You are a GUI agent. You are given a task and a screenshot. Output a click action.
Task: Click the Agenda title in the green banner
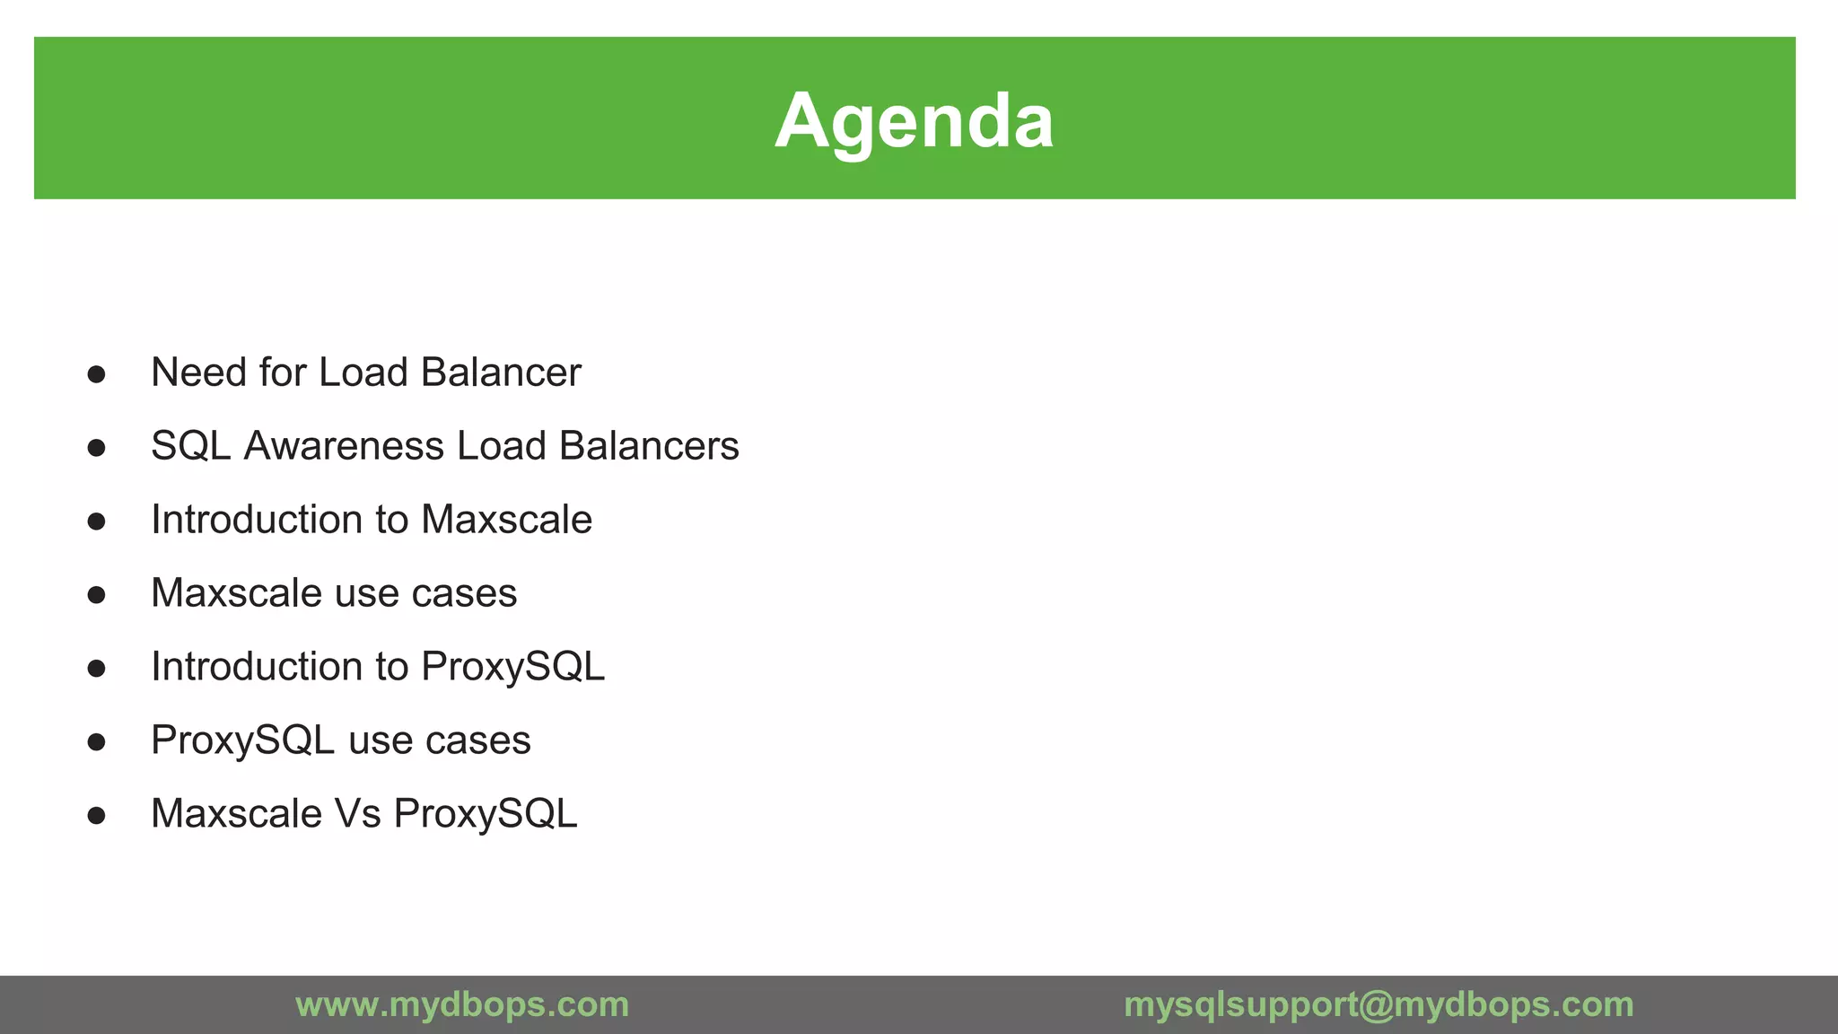click(x=914, y=120)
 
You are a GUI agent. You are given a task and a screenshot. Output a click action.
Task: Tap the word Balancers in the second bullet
click(x=648, y=446)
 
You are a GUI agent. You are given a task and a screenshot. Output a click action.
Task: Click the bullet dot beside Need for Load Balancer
click(x=97, y=374)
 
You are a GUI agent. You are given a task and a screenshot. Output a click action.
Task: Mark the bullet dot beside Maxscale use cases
click(x=97, y=595)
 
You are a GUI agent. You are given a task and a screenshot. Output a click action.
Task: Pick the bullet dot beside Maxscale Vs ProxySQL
click(x=97, y=816)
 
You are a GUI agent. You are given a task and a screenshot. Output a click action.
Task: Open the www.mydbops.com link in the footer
click(x=462, y=1004)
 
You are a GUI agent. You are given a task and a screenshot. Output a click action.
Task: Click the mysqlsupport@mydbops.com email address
click(x=1378, y=1004)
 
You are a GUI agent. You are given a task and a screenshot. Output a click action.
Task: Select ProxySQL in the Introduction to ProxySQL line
click(x=512, y=667)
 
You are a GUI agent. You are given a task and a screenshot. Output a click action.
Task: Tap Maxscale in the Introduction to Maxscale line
click(x=506, y=520)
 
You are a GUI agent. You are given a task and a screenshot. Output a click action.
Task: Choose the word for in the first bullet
click(x=282, y=372)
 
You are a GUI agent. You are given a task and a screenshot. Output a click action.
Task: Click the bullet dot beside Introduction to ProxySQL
click(x=97, y=669)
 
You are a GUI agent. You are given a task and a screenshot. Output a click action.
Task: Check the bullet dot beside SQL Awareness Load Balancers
click(x=97, y=448)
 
